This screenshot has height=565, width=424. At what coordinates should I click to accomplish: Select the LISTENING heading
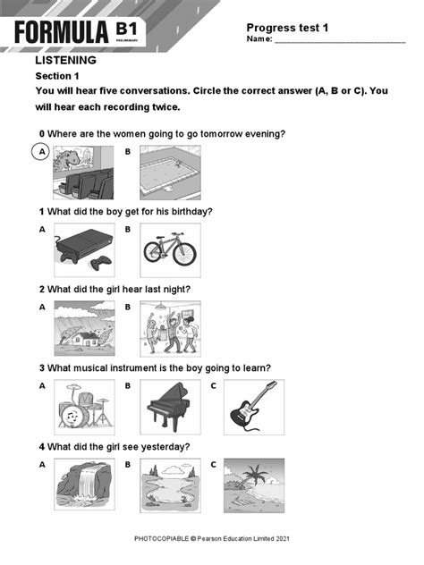click(x=65, y=61)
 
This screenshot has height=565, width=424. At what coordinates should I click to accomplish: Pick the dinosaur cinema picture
click(x=83, y=172)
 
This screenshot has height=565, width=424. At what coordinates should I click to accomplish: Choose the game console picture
click(x=84, y=250)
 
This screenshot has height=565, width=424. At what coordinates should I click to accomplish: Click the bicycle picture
click(x=170, y=250)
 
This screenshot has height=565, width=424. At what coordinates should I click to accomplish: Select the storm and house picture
click(x=84, y=328)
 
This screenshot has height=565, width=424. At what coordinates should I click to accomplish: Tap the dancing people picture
click(x=170, y=328)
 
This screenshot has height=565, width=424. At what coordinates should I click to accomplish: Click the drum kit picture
click(x=84, y=407)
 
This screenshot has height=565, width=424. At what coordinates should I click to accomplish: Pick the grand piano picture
click(x=170, y=407)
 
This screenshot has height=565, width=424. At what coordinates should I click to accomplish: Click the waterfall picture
click(x=84, y=486)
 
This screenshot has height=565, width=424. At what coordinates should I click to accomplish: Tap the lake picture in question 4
click(x=170, y=486)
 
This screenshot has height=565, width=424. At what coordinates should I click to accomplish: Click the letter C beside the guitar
click(x=214, y=386)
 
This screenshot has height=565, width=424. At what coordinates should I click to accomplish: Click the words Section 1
click(x=57, y=76)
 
